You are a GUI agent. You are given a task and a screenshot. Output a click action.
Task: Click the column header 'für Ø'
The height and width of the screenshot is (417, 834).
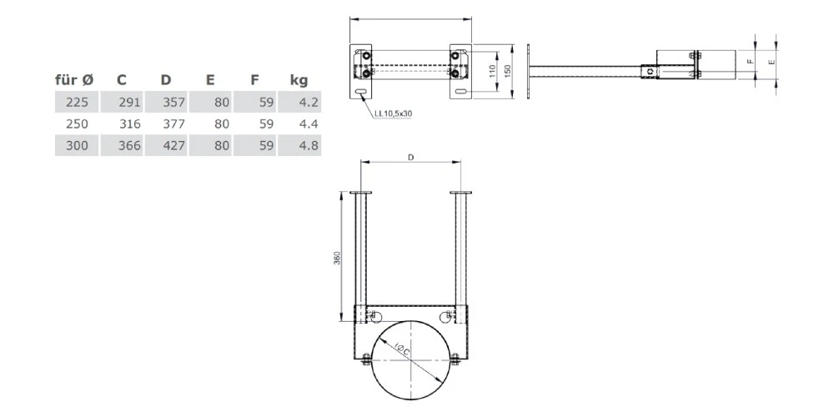(x=74, y=80)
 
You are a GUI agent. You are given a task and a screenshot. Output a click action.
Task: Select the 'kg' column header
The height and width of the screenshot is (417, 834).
(x=299, y=80)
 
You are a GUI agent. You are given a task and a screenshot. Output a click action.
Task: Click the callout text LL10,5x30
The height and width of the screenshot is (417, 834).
(x=391, y=112)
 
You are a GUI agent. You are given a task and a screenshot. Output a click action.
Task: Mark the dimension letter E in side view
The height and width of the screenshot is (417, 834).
(x=771, y=61)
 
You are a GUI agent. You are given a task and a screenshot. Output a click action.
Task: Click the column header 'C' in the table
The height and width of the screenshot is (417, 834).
(x=122, y=80)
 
